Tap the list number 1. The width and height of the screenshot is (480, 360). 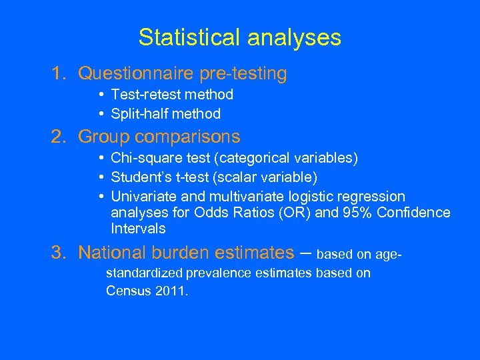pos(59,74)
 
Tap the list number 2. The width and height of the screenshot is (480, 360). pos(59,137)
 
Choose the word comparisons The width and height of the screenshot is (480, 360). pos(187,137)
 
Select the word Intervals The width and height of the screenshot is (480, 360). pos(138,229)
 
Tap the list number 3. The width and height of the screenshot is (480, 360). pos(59,253)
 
